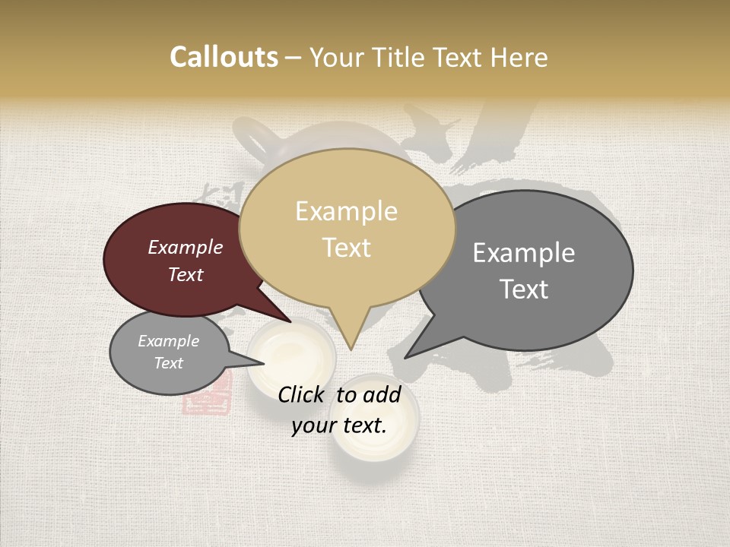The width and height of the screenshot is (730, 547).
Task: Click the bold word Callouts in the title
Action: click(224, 57)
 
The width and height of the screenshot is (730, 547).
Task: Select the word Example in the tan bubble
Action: click(346, 211)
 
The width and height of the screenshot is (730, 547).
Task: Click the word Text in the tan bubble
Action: click(346, 248)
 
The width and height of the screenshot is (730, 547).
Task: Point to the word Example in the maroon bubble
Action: click(185, 247)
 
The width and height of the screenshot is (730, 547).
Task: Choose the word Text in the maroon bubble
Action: click(185, 274)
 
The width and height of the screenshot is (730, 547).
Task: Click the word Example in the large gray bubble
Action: click(524, 252)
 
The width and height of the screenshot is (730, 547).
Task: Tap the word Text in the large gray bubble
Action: click(524, 289)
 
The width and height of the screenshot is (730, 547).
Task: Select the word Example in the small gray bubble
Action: click(168, 341)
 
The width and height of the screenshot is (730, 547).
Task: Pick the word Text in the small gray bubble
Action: click(168, 363)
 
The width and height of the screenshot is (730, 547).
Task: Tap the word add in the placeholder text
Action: click(381, 394)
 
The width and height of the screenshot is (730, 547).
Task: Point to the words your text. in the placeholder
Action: click(339, 425)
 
